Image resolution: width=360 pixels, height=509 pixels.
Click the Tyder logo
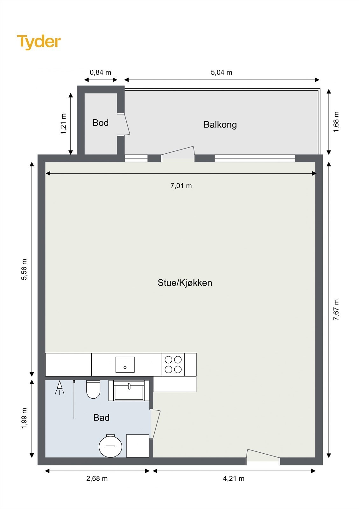point(39,42)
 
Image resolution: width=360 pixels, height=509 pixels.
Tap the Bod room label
point(101,123)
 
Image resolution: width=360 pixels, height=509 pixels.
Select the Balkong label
point(220,125)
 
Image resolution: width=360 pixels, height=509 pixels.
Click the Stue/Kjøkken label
point(185,283)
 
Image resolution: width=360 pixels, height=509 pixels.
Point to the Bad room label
point(101,418)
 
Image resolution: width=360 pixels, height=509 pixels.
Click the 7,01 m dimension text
point(181,186)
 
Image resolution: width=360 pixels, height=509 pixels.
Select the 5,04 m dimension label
point(221,73)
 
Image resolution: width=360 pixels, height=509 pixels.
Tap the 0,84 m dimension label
point(100,73)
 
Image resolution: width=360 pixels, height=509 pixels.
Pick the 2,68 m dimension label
point(97,479)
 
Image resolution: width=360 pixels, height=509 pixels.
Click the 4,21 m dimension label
point(234,479)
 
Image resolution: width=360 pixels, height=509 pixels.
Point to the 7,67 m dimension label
point(336,310)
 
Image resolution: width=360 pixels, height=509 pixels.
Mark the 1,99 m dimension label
point(24,418)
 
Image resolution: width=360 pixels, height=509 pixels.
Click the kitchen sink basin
point(125,365)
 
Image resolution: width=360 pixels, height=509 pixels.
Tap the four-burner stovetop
point(173,365)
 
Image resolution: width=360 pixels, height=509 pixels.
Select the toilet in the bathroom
point(93,389)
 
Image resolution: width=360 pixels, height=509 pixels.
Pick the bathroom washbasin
point(129,391)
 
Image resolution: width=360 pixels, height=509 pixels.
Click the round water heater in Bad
point(110,446)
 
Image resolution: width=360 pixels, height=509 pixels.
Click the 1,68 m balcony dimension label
point(336,122)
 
